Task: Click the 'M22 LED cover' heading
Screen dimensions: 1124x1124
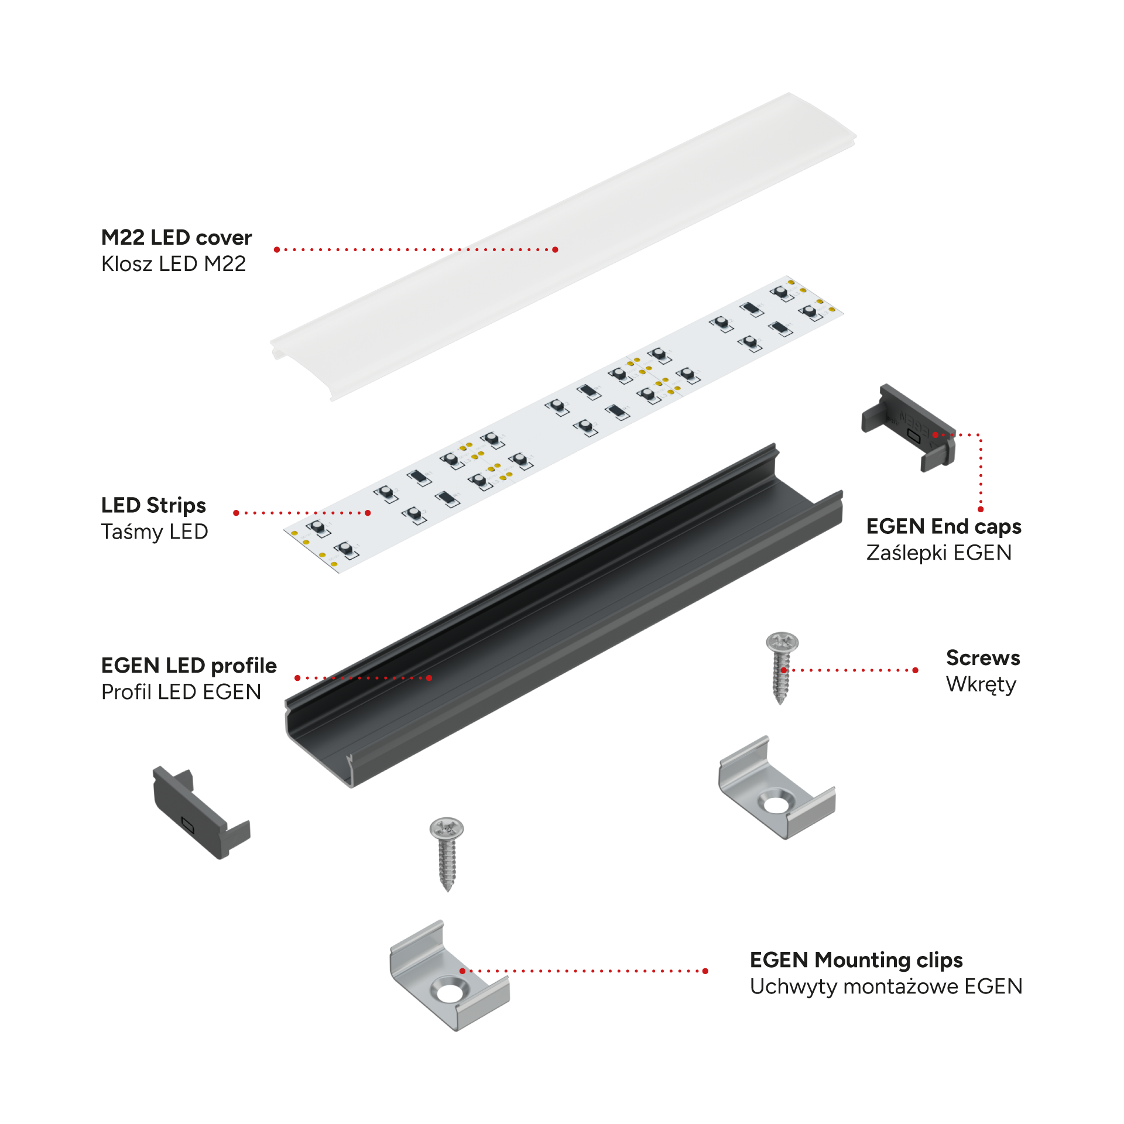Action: point(176,237)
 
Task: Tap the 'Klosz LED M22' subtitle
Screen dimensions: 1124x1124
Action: point(173,264)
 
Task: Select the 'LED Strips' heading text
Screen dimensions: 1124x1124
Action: point(153,505)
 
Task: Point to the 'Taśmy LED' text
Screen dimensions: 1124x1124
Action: point(155,532)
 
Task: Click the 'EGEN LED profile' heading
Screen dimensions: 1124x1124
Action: point(189,666)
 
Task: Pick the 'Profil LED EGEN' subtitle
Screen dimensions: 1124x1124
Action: point(181,692)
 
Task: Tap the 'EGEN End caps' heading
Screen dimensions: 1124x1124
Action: point(944,526)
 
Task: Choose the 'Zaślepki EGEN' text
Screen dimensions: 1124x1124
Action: point(939,553)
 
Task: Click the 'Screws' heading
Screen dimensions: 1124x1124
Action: point(983,658)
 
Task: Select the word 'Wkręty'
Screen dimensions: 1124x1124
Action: point(981,684)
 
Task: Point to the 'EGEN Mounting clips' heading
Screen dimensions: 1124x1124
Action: point(856,960)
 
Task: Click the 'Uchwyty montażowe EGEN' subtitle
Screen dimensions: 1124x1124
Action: point(886,986)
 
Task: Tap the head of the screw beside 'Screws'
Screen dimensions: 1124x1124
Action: point(782,642)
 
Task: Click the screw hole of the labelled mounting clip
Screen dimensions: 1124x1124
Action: point(449,993)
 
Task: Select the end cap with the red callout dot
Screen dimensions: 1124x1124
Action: point(908,428)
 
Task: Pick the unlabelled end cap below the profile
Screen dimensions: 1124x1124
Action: point(201,813)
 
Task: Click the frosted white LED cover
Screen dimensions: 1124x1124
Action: point(563,246)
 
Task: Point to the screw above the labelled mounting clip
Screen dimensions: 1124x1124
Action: point(447,854)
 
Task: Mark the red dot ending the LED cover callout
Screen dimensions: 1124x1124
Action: point(555,250)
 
